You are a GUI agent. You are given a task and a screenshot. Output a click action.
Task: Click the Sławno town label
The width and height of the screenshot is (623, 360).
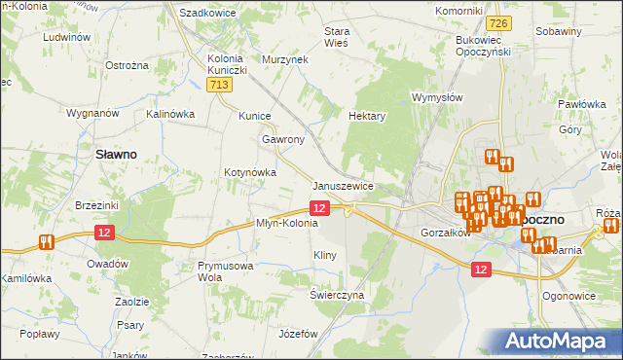click(x=115, y=154)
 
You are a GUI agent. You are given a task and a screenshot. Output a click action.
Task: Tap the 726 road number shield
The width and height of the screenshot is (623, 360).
click(x=499, y=22)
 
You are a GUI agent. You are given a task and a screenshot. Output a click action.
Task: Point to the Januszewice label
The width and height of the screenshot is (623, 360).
click(x=343, y=186)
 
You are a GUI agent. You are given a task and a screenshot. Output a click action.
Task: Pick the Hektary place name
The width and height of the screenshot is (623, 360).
click(x=368, y=116)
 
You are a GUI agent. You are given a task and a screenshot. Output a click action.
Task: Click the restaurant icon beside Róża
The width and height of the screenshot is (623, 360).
click(x=611, y=226)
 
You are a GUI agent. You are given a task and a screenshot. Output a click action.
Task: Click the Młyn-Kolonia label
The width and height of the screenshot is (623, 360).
click(x=286, y=223)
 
